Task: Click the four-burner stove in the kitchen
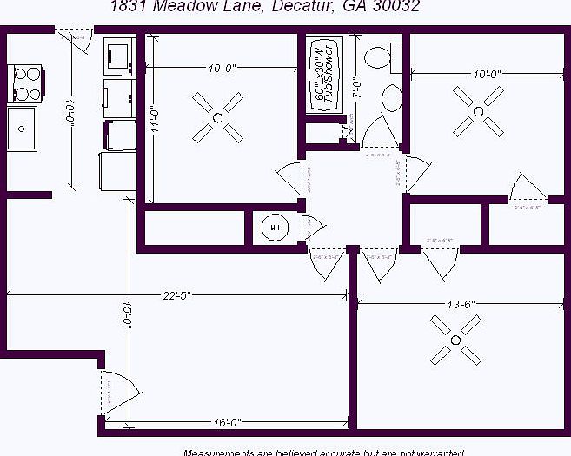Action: click(27, 83)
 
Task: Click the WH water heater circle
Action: click(276, 228)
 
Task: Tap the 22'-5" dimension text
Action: click(177, 295)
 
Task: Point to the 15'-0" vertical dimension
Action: click(127, 314)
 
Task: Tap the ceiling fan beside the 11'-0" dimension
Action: click(217, 117)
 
